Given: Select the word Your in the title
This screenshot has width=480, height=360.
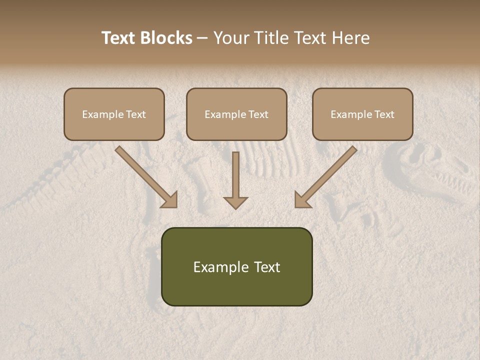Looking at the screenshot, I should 231,38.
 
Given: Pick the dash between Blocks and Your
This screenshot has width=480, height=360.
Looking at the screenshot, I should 202,38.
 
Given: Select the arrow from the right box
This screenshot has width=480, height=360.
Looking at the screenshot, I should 325,177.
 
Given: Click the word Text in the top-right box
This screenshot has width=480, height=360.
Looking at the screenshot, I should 383,114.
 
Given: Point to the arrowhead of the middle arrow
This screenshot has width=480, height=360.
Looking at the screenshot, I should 235,202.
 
